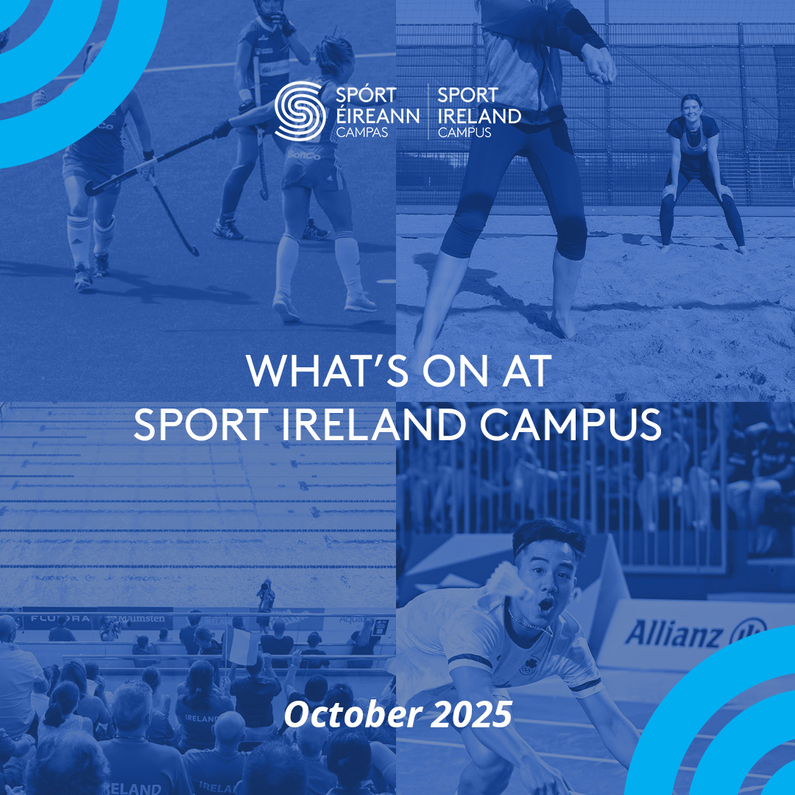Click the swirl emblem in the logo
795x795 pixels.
(299, 110)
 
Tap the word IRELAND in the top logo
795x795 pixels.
(478, 115)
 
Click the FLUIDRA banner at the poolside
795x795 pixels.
(60, 618)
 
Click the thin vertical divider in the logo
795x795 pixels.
(428, 111)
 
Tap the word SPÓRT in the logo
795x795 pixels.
(366, 96)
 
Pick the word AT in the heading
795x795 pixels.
(526, 372)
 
